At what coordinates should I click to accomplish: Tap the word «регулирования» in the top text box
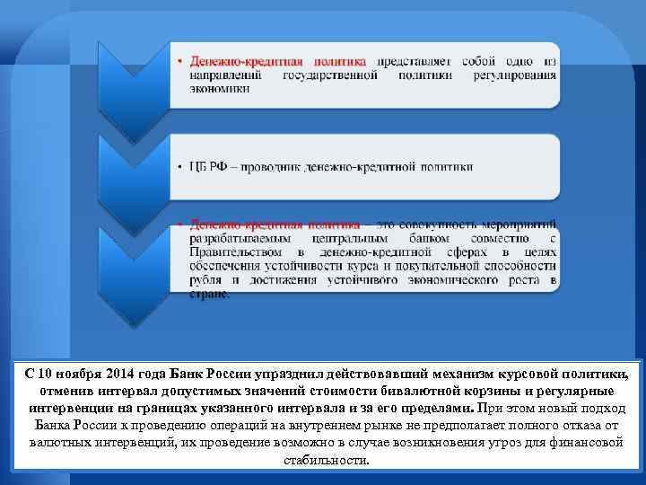[513, 76]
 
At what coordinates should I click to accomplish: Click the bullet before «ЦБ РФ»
[179, 167]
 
